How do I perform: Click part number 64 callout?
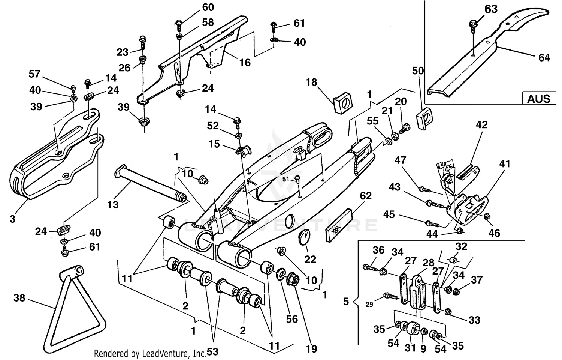point(544,57)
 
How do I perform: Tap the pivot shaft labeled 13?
point(150,184)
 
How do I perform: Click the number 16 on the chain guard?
point(245,62)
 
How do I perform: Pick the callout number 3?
point(12,219)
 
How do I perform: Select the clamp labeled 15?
point(244,150)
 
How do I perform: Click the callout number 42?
point(481,124)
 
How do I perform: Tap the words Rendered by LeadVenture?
point(150,353)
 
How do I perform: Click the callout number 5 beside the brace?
point(346,301)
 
